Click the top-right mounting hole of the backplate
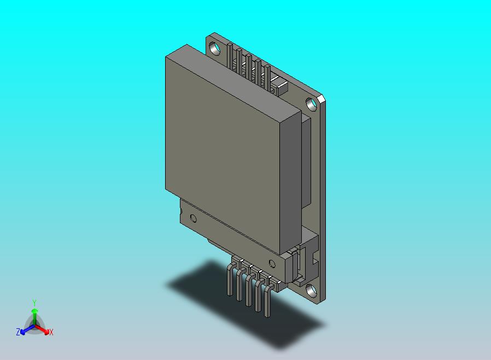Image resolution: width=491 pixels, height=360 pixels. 311,103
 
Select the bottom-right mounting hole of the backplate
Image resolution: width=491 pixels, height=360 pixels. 311,290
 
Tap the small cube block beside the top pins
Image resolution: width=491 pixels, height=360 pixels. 280,85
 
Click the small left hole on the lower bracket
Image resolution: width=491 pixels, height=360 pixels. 193,218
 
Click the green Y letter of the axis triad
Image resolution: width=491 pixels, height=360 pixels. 34,303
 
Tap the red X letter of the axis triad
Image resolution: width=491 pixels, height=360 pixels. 51,332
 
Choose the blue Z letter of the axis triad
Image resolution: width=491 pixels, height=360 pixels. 17,332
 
